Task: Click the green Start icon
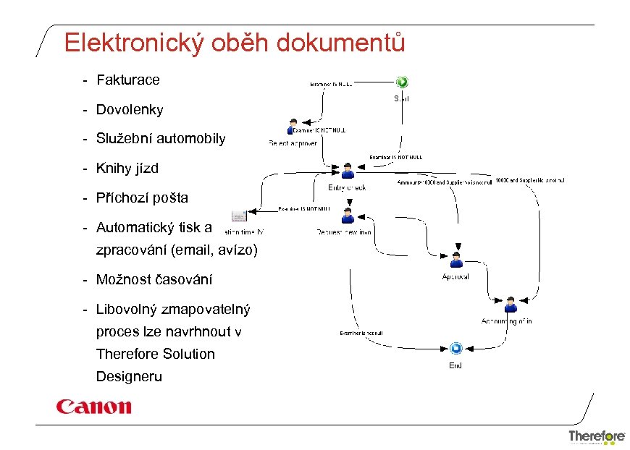pyautogui.click(x=402, y=82)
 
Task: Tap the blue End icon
pyautogui.click(x=455, y=349)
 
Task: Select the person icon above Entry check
pyautogui.click(x=348, y=171)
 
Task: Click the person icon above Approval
pyautogui.click(x=456, y=260)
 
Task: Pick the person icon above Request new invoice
pyautogui.click(x=348, y=215)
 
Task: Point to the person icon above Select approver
pyautogui.click(x=293, y=126)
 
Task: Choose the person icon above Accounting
pyautogui.click(x=511, y=304)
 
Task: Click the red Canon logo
pyautogui.click(x=94, y=406)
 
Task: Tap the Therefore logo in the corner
pyautogui.click(x=597, y=436)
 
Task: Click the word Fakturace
pyautogui.click(x=127, y=80)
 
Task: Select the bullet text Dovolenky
pyautogui.click(x=130, y=110)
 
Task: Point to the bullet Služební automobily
pyautogui.click(x=161, y=139)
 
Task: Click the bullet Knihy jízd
pyautogui.click(x=127, y=169)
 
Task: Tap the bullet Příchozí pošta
pyautogui.click(x=142, y=198)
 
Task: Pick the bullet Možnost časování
pyautogui.click(x=154, y=279)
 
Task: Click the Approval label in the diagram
pyautogui.click(x=455, y=276)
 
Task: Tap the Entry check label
pyautogui.click(x=347, y=187)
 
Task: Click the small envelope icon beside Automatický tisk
pyautogui.click(x=238, y=216)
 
